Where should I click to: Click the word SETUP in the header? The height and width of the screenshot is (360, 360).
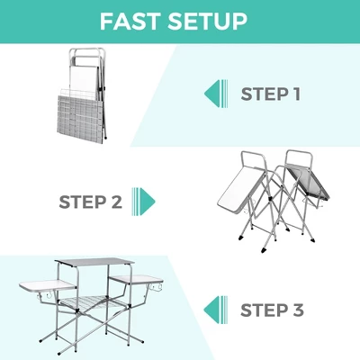pyautogui.click(x=217, y=21)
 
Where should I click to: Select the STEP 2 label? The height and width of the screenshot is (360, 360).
pyautogui.click(x=89, y=201)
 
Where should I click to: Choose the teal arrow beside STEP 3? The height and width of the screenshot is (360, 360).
pyautogui.click(x=213, y=310)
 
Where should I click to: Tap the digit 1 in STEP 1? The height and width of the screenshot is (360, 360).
pyautogui.click(x=296, y=93)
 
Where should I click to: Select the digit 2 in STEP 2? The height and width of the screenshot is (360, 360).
pyautogui.click(x=115, y=201)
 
